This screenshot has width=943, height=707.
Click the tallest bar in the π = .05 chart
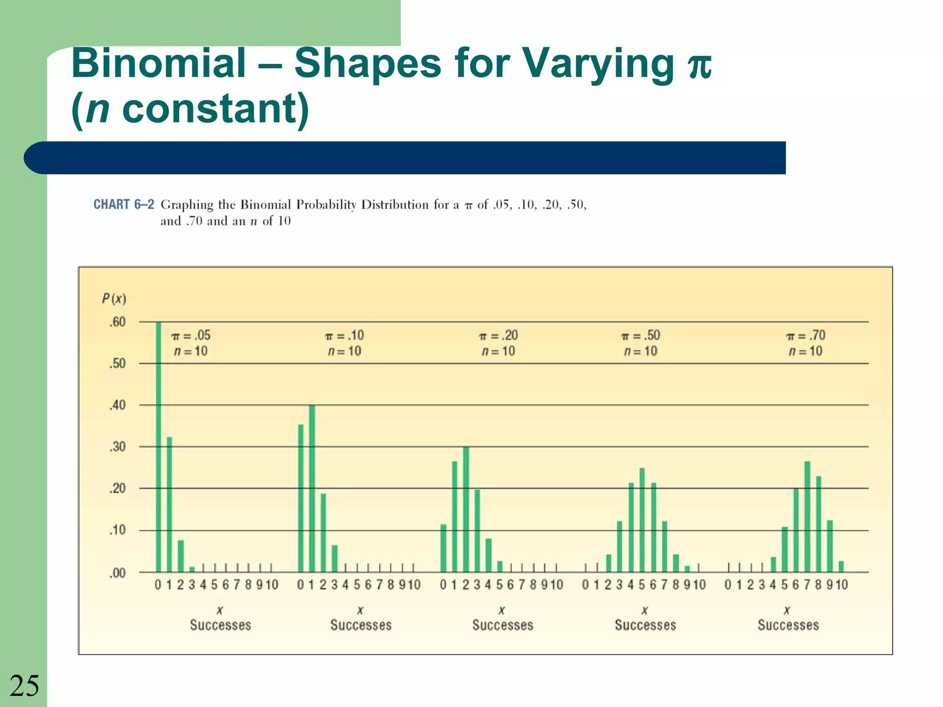[158, 446]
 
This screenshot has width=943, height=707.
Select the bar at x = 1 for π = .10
[312, 488]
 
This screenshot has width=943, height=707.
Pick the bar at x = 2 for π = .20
[466, 509]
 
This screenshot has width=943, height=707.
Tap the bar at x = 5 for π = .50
[642, 520]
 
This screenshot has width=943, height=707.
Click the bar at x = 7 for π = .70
[808, 516]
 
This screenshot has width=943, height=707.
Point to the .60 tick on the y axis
[117, 322]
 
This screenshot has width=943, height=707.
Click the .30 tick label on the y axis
[117, 447]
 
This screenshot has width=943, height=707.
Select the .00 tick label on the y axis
[117, 573]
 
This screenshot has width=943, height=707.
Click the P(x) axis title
[114, 299]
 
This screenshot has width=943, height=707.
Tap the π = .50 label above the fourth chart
[641, 335]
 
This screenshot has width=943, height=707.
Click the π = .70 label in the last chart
[806, 335]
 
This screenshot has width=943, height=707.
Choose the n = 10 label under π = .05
[191, 351]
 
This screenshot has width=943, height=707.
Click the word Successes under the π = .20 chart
[503, 625]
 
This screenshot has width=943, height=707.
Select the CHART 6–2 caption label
[123, 204]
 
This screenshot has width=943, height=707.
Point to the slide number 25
[24, 686]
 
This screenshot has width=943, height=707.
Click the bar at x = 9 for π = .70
[830, 546]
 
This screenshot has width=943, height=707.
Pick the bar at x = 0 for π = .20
[443, 548]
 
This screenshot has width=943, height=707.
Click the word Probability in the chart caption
[326, 205]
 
